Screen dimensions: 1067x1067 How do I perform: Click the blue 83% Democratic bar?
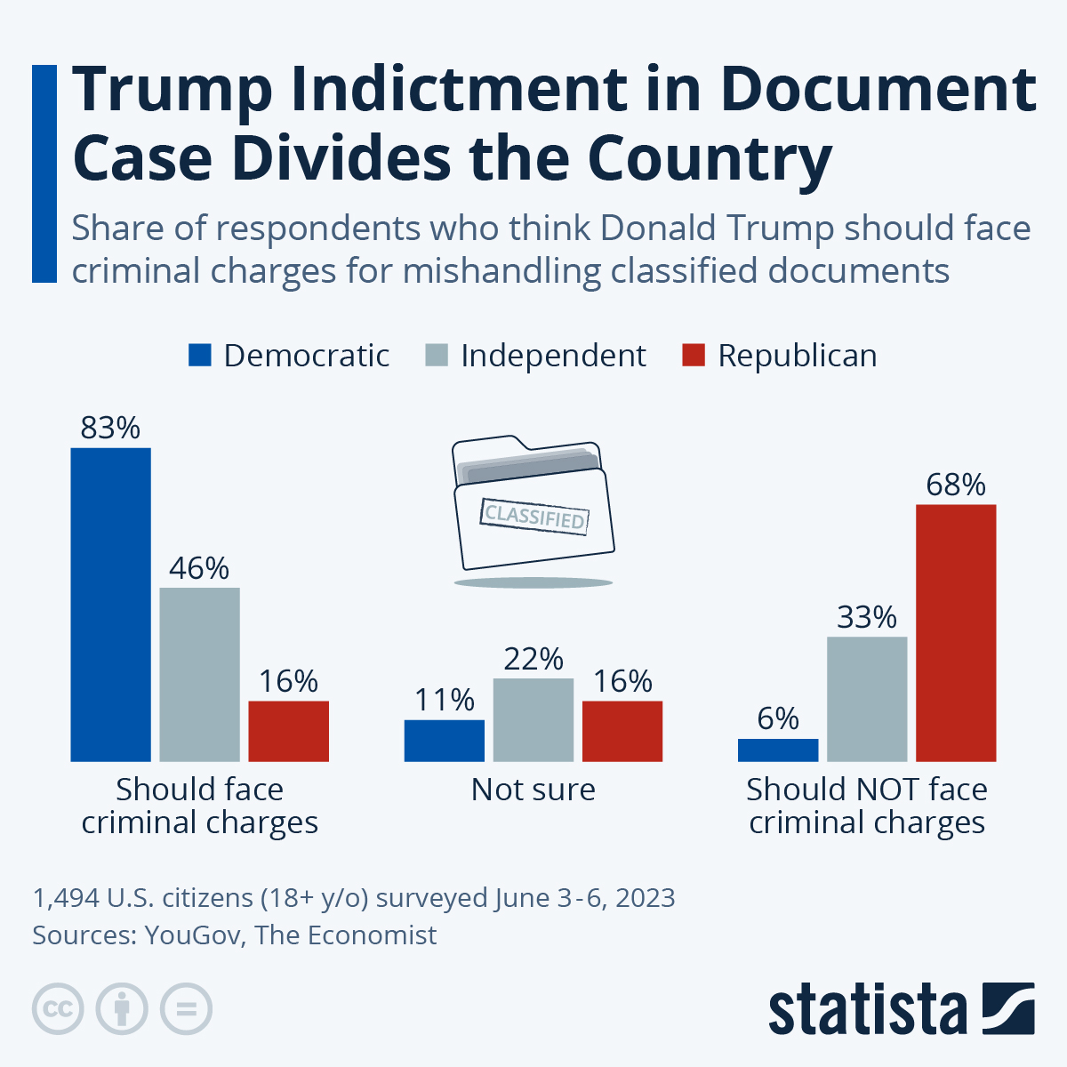[x=110, y=605]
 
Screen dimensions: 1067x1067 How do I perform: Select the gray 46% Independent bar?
[x=199, y=674]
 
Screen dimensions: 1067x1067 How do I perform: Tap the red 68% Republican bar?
[x=956, y=632]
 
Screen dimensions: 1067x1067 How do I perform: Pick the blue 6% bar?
[x=778, y=750]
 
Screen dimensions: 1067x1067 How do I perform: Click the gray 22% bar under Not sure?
[x=533, y=719]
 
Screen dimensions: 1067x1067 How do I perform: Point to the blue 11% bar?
[x=445, y=740]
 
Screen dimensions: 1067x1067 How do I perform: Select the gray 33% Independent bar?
[x=867, y=699]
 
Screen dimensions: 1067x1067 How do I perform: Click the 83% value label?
[x=110, y=429]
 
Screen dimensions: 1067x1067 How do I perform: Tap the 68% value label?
[x=956, y=485]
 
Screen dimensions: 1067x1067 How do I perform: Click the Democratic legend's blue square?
[x=200, y=356]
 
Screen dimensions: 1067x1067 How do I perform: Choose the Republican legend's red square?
[x=694, y=356]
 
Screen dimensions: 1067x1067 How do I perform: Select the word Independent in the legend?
[x=553, y=356]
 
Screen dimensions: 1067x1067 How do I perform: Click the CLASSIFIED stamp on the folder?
[x=534, y=516]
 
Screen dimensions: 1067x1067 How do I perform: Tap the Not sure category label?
[x=533, y=790]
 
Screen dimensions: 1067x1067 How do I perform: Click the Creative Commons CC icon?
[x=58, y=1009]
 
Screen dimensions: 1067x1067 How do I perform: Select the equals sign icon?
[x=186, y=1009]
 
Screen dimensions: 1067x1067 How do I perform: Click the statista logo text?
[x=867, y=1009]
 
